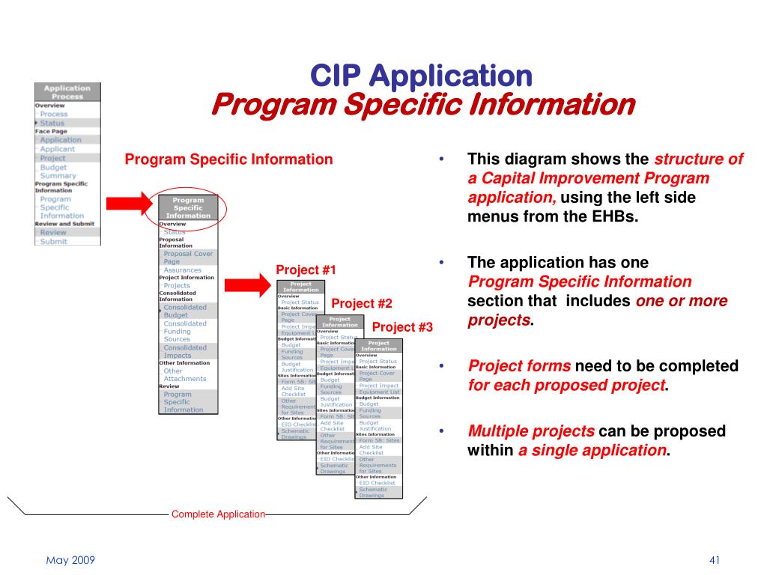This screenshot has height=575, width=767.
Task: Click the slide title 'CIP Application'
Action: pos(421,75)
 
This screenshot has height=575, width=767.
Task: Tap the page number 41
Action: pos(714,561)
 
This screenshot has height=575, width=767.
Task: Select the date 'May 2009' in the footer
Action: pos(70,561)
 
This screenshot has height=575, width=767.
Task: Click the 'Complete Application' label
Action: pos(218,514)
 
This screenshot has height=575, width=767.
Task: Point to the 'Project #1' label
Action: pos(306,270)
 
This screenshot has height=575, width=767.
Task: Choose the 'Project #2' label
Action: pos(362,303)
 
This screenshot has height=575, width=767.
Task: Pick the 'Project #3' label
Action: pos(402,327)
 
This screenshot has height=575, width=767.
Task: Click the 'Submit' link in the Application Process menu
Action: pos(53,241)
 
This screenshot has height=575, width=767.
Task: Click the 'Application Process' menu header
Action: pos(67,92)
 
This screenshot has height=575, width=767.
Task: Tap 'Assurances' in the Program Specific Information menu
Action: pos(182,270)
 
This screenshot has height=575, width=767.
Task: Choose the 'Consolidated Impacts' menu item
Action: pos(184,351)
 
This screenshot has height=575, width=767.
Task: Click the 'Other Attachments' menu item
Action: pos(184,374)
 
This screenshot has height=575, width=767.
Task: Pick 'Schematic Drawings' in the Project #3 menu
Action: pos(372,492)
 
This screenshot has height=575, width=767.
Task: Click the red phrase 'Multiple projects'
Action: pos(531,431)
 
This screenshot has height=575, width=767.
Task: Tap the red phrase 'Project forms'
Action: pos(519,366)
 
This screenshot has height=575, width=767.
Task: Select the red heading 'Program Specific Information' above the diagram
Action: pos(228,159)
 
